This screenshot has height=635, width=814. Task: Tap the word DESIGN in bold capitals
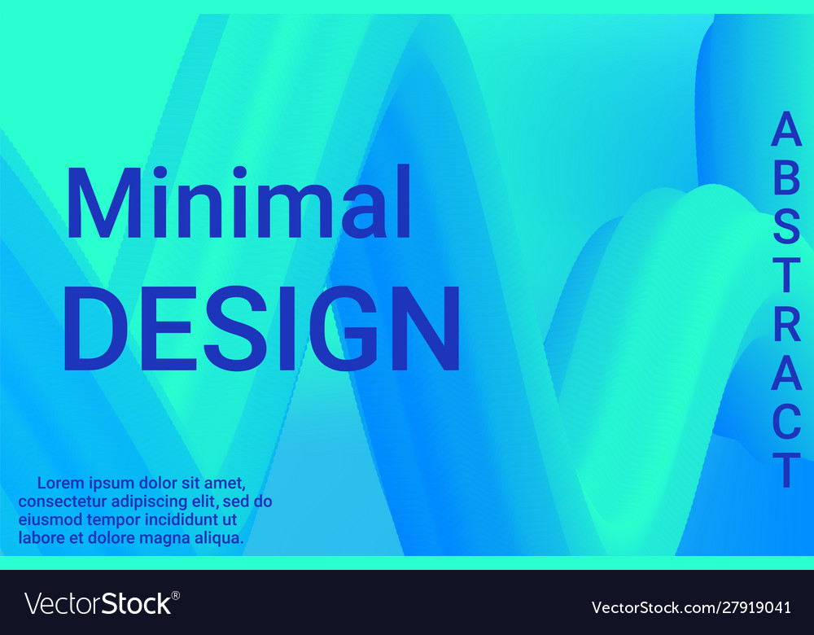262,329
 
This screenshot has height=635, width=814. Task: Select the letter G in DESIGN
344,329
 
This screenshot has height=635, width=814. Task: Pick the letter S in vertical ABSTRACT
786,227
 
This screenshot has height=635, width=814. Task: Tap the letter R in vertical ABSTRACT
787,325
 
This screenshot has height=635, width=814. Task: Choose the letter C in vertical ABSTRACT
787,422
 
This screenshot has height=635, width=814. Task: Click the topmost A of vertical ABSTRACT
786,129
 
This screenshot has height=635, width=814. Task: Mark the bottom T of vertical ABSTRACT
787,471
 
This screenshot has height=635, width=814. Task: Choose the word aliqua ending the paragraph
219,538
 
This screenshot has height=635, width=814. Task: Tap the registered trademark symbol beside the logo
176,596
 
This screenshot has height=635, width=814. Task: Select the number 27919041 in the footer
756,607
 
